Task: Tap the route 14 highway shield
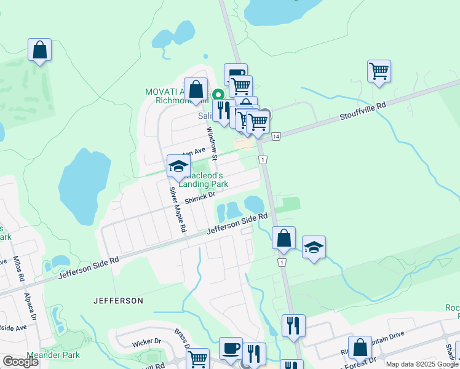277,136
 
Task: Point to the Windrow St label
212,143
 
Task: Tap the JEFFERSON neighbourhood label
118,301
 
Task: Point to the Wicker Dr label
146,341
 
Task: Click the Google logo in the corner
21,362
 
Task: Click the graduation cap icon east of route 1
314,247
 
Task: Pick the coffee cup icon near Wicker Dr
231,347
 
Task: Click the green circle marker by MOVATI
218,95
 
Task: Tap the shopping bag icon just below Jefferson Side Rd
284,237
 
